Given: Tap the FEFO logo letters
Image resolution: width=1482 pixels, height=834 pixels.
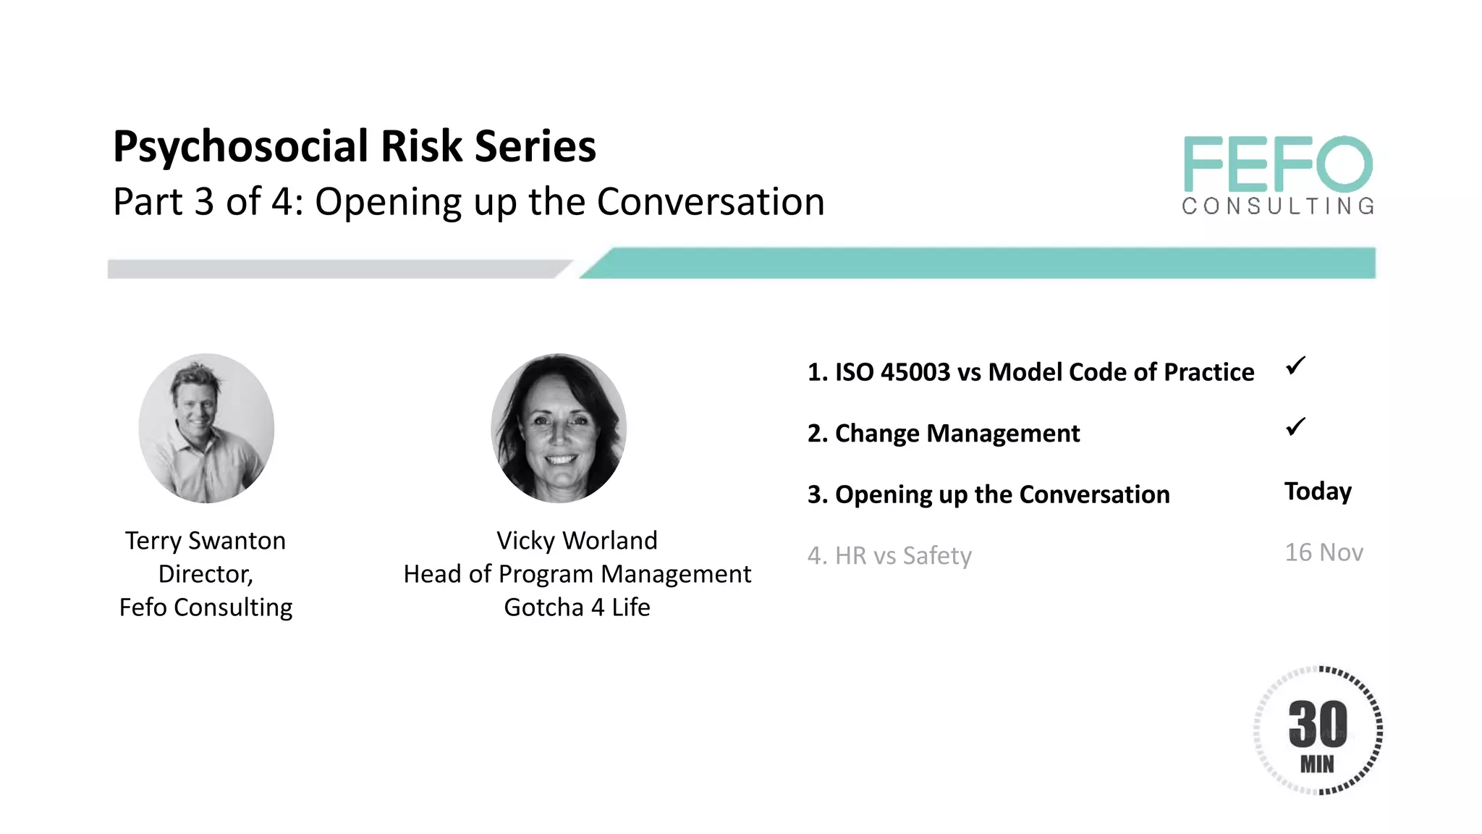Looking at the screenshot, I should (x=1278, y=164).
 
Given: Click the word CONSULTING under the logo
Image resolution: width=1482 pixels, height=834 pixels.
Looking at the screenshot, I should (x=1278, y=206).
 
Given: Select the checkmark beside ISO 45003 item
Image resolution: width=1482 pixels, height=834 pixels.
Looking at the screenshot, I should (x=1295, y=366).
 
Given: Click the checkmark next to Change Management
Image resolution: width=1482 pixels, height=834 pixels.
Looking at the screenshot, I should (x=1295, y=426).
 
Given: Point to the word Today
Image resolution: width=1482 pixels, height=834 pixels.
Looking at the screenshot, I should (x=1318, y=492).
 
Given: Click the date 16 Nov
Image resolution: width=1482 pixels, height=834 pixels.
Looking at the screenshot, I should (x=1324, y=552).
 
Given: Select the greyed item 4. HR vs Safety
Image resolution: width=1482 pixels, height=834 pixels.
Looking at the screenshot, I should (x=889, y=555).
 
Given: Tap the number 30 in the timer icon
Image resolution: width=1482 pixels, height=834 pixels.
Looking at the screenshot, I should (x=1318, y=723).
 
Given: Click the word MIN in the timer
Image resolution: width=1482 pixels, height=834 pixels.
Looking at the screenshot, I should (x=1317, y=764).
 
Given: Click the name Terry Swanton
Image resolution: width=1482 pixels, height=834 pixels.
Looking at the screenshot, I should (x=206, y=541).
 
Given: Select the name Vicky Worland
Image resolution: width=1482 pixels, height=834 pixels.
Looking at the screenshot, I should (x=577, y=541).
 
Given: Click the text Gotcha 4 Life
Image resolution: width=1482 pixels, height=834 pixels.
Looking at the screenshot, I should (x=577, y=607).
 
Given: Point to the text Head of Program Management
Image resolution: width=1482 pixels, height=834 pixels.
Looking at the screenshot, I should (x=577, y=574).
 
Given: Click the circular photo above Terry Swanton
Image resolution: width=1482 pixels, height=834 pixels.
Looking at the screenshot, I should (x=206, y=428).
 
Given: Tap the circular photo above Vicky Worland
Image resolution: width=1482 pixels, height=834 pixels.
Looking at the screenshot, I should (x=559, y=428).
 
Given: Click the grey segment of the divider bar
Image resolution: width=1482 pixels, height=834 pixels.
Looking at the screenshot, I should (x=333, y=269).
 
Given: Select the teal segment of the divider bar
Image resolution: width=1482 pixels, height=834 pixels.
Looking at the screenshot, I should (x=977, y=263).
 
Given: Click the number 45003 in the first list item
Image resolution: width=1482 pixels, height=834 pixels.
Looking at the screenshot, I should (x=915, y=372).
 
